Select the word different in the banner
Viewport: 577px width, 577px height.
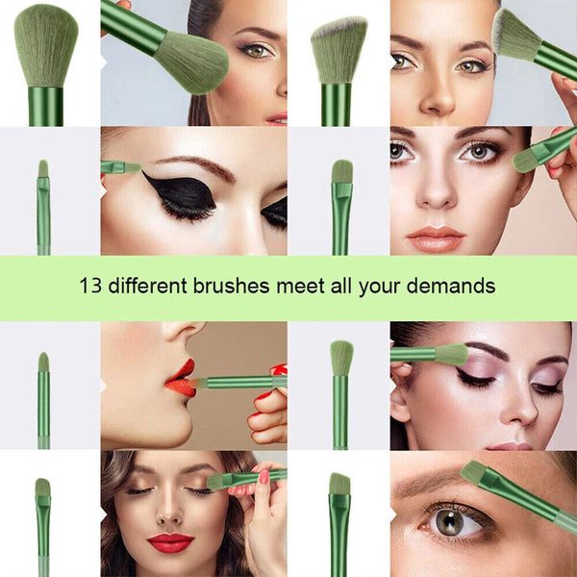pos(147,286)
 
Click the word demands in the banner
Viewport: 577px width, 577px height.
pos(455,286)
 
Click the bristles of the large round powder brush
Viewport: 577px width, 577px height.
pos(45,43)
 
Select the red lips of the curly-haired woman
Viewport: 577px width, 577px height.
pos(170,542)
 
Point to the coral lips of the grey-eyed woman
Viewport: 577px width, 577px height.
pos(435,238)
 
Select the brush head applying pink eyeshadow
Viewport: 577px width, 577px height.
pos(450,354)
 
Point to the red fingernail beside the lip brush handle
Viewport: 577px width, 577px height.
pos(279,369)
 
